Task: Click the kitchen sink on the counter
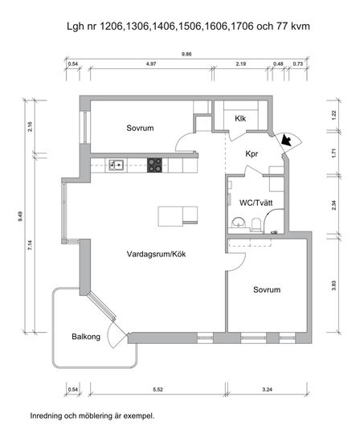[117, 165]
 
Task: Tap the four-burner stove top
[155, 166]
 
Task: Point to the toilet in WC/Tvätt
[256, 224]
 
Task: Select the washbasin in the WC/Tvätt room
[239, 223]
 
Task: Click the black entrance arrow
[286, 140]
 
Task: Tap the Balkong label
[86, 337]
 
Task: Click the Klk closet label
[240, 119]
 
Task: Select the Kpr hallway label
[252, 154]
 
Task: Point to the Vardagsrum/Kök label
[156, 254]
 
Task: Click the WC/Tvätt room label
[256, 203]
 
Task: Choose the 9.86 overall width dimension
[186, 54]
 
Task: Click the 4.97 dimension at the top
[151, 64]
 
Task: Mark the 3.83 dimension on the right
[333, 285]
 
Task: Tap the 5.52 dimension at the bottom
[157, 390]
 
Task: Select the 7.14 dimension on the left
[30, 244]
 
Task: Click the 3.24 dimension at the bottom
[267, 390]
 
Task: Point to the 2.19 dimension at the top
[241, 64]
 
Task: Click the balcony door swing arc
[111, 335]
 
